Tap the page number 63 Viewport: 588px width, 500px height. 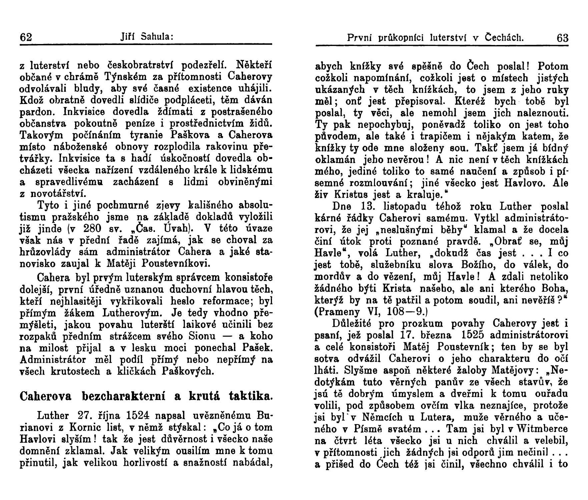[x=562, y=38]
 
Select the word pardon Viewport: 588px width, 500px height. [x=36, y=112]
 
